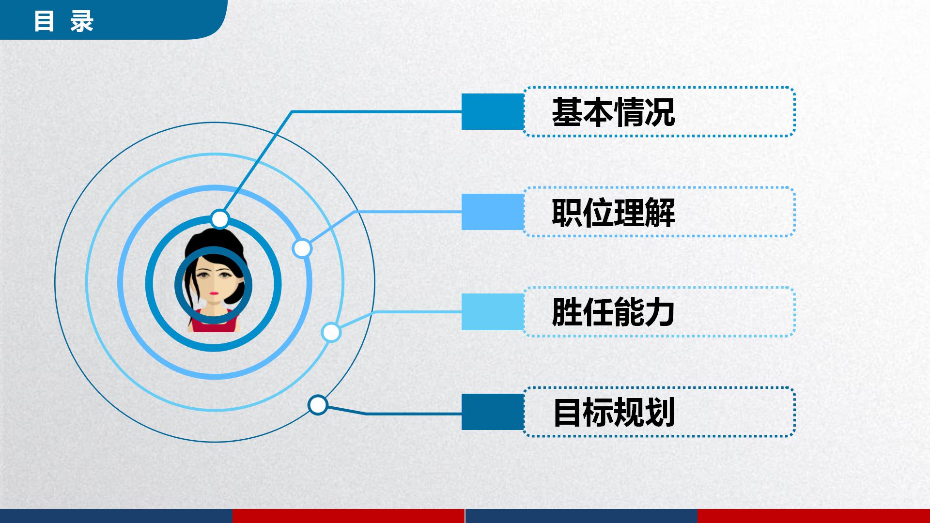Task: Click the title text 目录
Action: [x=63, y=22]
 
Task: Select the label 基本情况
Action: [x=613, y=112]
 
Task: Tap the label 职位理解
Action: [x=613, y=212]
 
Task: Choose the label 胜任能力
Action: [x=613, y=312]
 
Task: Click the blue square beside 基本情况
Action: [x=492, y=112]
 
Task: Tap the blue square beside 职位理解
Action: [x=492, y=212]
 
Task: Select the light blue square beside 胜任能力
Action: [x=492, y=312]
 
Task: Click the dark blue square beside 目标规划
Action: [x=492, y=412]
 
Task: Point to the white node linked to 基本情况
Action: [x=220, y=219]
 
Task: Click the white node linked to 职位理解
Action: [x=302, y=248]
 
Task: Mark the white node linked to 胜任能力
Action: [x=331, y=333]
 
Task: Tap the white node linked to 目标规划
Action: [x=318, y=405]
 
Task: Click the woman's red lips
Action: [x=213, y=293]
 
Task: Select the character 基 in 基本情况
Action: [x=568, y=112]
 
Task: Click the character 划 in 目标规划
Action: [x=660, y=412]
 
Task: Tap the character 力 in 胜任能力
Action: [x=660, y=312]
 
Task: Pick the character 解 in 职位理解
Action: [x=660, y=212]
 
